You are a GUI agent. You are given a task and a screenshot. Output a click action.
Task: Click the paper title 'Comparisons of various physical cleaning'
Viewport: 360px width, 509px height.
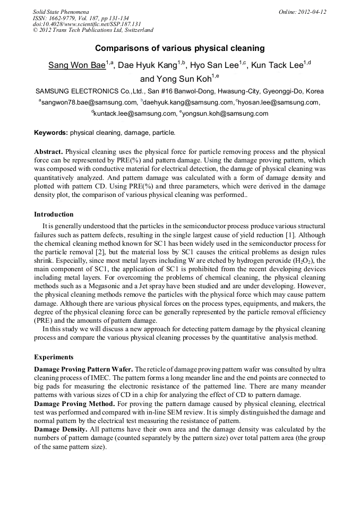[179, 48]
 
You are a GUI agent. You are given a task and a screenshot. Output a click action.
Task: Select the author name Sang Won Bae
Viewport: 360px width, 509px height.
[76, 66]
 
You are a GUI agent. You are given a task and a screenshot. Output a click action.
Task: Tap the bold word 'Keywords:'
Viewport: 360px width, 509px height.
[51, 132]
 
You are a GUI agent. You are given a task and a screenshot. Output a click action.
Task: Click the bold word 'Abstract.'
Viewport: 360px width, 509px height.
[48, 151]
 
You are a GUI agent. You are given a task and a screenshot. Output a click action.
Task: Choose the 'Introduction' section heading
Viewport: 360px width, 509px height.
[54, 214]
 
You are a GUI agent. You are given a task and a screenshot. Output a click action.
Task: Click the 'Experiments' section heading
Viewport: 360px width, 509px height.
[54, 357]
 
